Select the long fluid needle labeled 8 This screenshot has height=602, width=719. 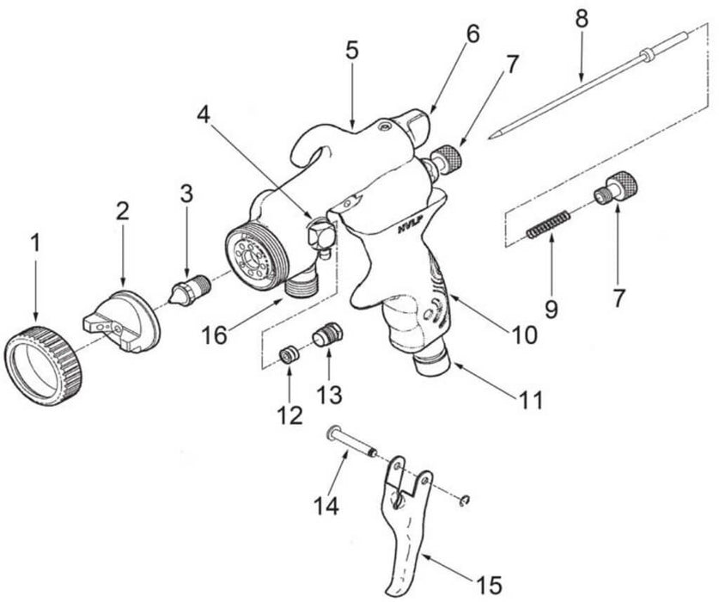(x=584, y=85)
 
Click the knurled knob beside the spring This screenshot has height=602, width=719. (x=612, y=187)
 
